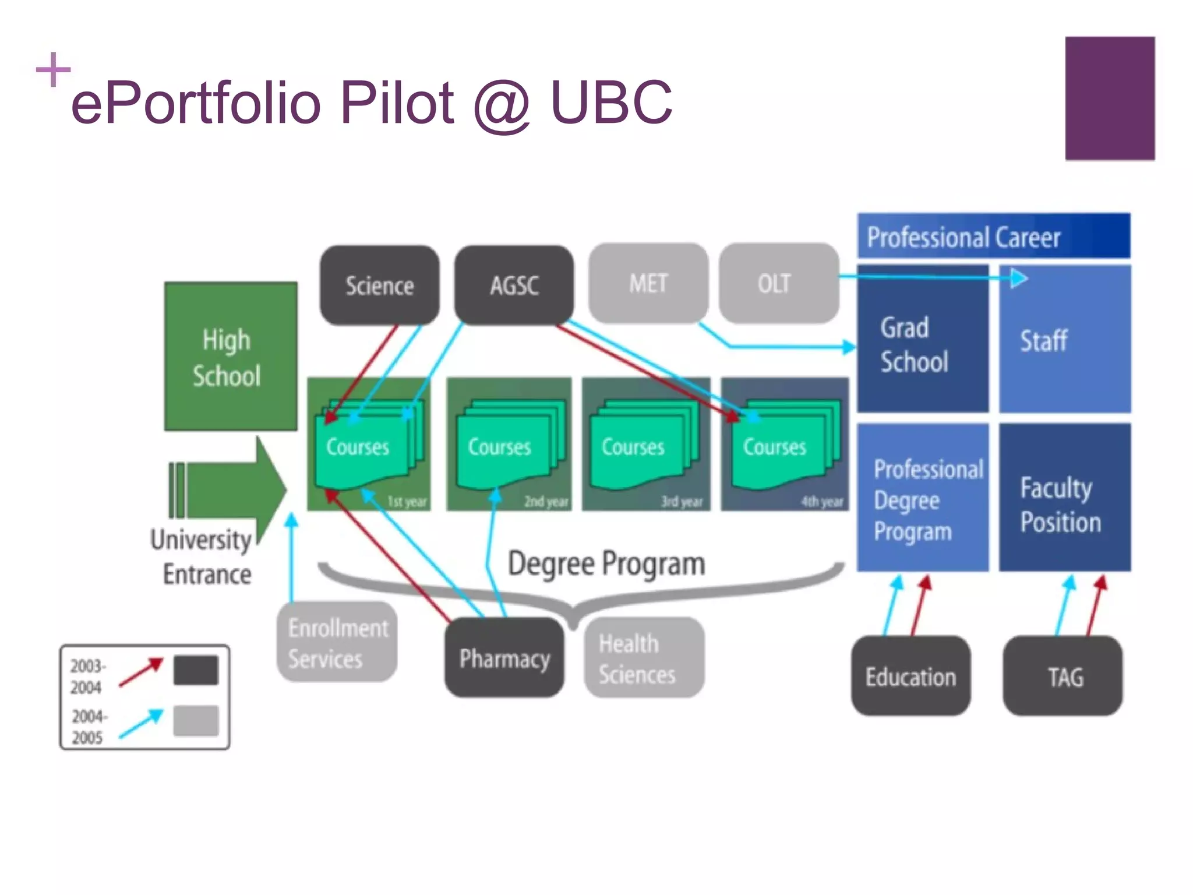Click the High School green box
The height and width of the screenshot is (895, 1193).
pyautogui.click(x=231, y=356)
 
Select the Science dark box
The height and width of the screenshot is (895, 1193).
pyautogui.click(x=379, y=285)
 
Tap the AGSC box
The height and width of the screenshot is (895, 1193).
pyautogui.click(x=514, y=285)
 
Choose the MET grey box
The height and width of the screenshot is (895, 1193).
pyautogui.click(x=648, y=283)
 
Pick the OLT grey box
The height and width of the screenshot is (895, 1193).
pyautogui.click(x=778, y=283)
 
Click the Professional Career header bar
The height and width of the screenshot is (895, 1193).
pyautogui.click(x=993, y=236)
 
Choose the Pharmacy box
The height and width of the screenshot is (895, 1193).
pyautogui.click(x=504, y=658)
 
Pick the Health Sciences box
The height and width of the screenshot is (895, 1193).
pyautogui.click(x=644, y=658)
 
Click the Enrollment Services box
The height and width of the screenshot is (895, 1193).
pyautogui.click(x=337, y=642)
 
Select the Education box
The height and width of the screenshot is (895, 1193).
pyautogui.click(x=910, y=676)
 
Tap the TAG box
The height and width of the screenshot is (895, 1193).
pyautogui.click(x=1063, y=676)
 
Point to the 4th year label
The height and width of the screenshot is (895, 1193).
pyautogui.click(x=822, y=502)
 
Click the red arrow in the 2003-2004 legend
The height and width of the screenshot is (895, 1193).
pyautogui.click(x=141, y=672)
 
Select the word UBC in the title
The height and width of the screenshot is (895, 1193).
pyautogui.click(x=610, y=103)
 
